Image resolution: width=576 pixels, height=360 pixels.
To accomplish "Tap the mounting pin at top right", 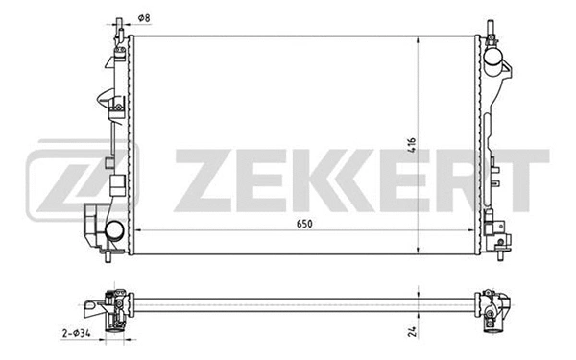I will coord(491,23).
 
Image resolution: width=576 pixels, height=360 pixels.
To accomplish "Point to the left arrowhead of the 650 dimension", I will coord(136,232).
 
